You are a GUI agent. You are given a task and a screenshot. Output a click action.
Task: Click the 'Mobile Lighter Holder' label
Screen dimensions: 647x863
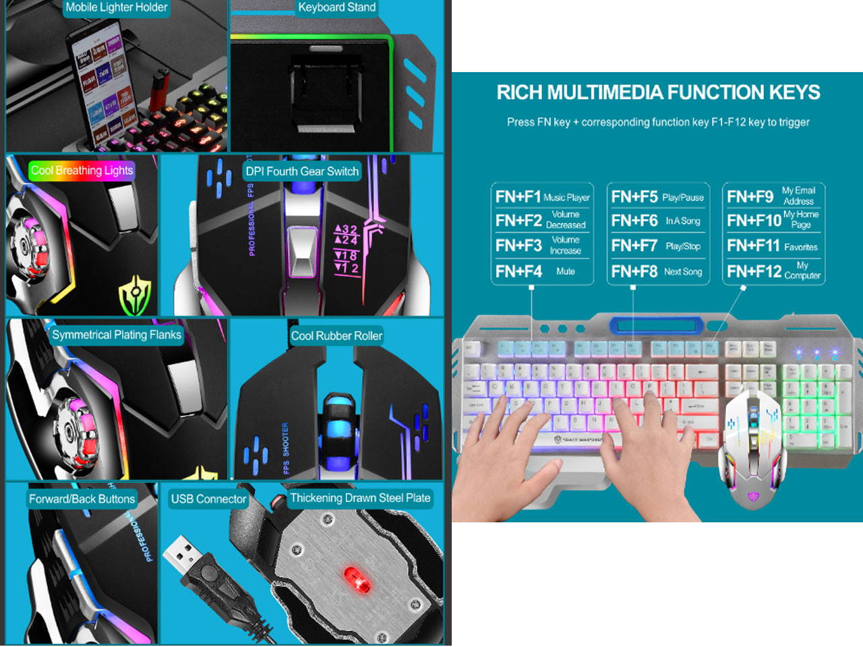(x=116, y=7)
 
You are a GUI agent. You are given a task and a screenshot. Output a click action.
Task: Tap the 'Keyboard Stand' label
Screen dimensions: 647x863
(x=336, y=7)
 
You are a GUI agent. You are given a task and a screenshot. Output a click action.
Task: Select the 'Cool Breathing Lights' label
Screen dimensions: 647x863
(x=82, y=171)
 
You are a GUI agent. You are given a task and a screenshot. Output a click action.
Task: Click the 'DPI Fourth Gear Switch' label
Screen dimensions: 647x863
(x=302, y=171)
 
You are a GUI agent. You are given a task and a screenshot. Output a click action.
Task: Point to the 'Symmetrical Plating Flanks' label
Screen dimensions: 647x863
(x=116, y=335)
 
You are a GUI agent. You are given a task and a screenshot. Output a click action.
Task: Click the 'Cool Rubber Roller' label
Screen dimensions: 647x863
(x=336, y=336)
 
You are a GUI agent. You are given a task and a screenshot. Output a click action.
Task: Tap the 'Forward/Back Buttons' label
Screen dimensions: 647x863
(x=82, y=499)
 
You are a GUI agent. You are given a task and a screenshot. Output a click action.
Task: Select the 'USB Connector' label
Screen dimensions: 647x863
(x=208, y=499)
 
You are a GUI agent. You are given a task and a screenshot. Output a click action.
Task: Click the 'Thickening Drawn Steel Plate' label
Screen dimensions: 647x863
(x=360, y=498)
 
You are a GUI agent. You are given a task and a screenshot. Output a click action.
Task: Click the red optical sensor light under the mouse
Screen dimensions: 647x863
(x=357, y=578)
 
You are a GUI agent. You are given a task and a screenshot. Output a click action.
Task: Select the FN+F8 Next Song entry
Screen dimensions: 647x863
(x=657, y=272)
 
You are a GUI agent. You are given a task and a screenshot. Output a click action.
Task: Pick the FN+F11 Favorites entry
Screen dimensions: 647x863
(x=773, y=246)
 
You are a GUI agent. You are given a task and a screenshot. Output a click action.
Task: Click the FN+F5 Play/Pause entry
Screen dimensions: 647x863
(x=657, y=197)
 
